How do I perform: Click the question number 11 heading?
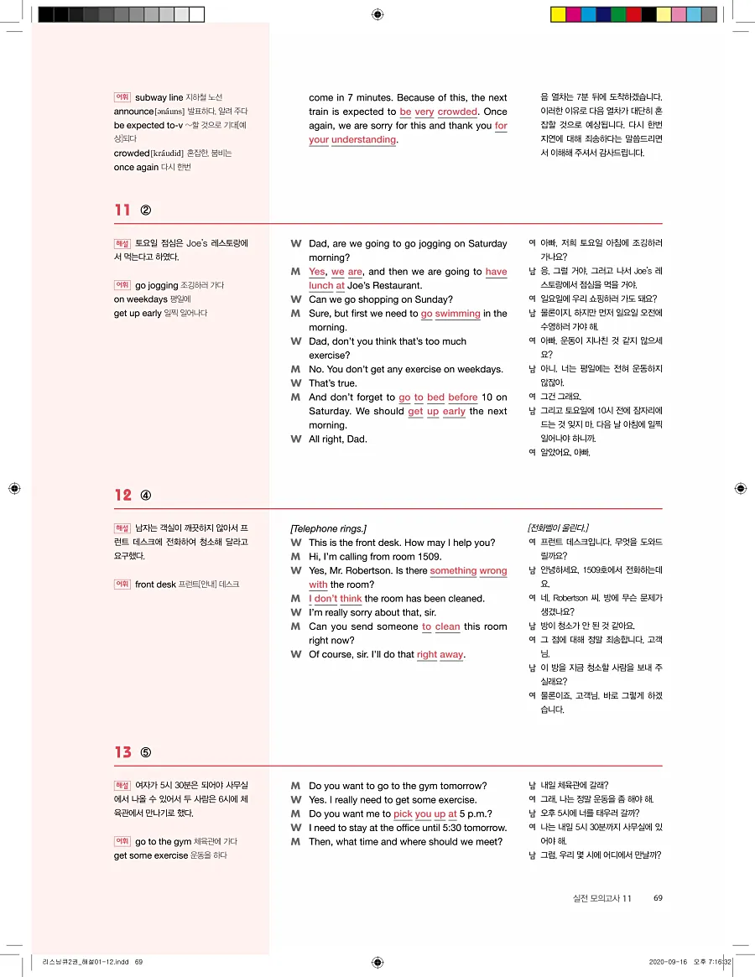[x=122, y=210]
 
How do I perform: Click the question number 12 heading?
[x=122, y=495]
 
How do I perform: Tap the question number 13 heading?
[x=122, y=752]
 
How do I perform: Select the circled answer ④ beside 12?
[x=145, y=495]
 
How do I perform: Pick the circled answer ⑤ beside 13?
[x=145, y=752]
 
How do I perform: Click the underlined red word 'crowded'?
[x=457, y=112]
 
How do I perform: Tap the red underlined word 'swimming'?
[x=457, y=314]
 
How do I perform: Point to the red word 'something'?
[x=453, y=570]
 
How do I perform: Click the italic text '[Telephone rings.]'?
[x=328, y=528]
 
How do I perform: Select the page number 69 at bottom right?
[x=658, y=898]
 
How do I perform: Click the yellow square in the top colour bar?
[x=557, y=14]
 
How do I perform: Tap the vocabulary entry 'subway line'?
[x=159, y=98]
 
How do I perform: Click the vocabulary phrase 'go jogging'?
[x=157, y=285]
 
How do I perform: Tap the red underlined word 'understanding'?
[x=363, y=139]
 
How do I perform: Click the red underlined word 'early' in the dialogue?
[x=454, y=411]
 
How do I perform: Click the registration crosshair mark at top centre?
[x=377, y=14]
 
